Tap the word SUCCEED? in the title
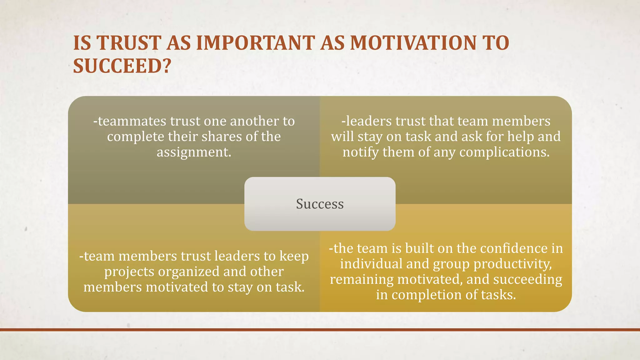point(122,66)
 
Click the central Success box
point(320,204)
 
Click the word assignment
point(194,152)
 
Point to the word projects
point(129,271)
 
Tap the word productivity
point(512,264)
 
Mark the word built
point(420,248)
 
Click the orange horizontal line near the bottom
point(320,330)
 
